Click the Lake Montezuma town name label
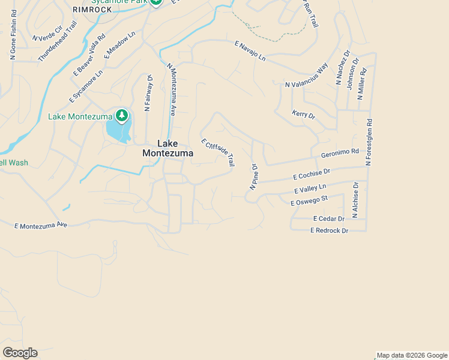tap(167, 148)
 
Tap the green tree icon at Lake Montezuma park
tap(122, 115)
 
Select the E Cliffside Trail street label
tap(218, 152)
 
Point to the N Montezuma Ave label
tap(171, 89)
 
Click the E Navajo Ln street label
tap(250, 50)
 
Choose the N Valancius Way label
tap(306, 76)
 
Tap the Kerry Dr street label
tap(303, 114)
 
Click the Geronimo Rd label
tap(340, 154)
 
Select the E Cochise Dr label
tap(312, 175)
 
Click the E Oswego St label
tap(309, 200)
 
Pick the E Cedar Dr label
tap(328, 219)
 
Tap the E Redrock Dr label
tap(329, 230)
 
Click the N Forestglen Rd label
tap(369, 142)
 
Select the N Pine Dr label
tap(254, 177)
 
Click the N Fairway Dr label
tap(148, 92)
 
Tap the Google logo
tap(20, 353)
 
